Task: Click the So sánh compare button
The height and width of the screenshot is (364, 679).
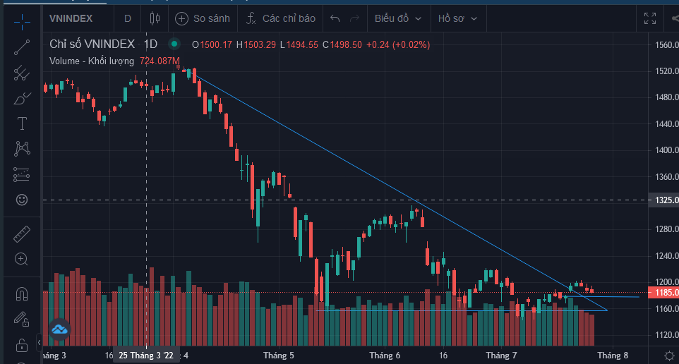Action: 202,18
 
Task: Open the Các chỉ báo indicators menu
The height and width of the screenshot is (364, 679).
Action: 281,18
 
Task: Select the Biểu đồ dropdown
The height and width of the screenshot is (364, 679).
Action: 399,18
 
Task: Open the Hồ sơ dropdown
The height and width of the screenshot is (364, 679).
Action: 457,18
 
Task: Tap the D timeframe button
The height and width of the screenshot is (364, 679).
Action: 128,18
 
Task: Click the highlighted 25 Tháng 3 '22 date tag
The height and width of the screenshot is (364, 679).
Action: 146,356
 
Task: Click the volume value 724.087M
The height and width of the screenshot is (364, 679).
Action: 160,61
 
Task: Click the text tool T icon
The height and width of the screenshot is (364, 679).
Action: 22,123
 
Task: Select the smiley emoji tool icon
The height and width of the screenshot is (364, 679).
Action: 22,200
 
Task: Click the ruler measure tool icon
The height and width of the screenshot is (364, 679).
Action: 22,233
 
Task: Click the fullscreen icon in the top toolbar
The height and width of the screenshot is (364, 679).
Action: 650,18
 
